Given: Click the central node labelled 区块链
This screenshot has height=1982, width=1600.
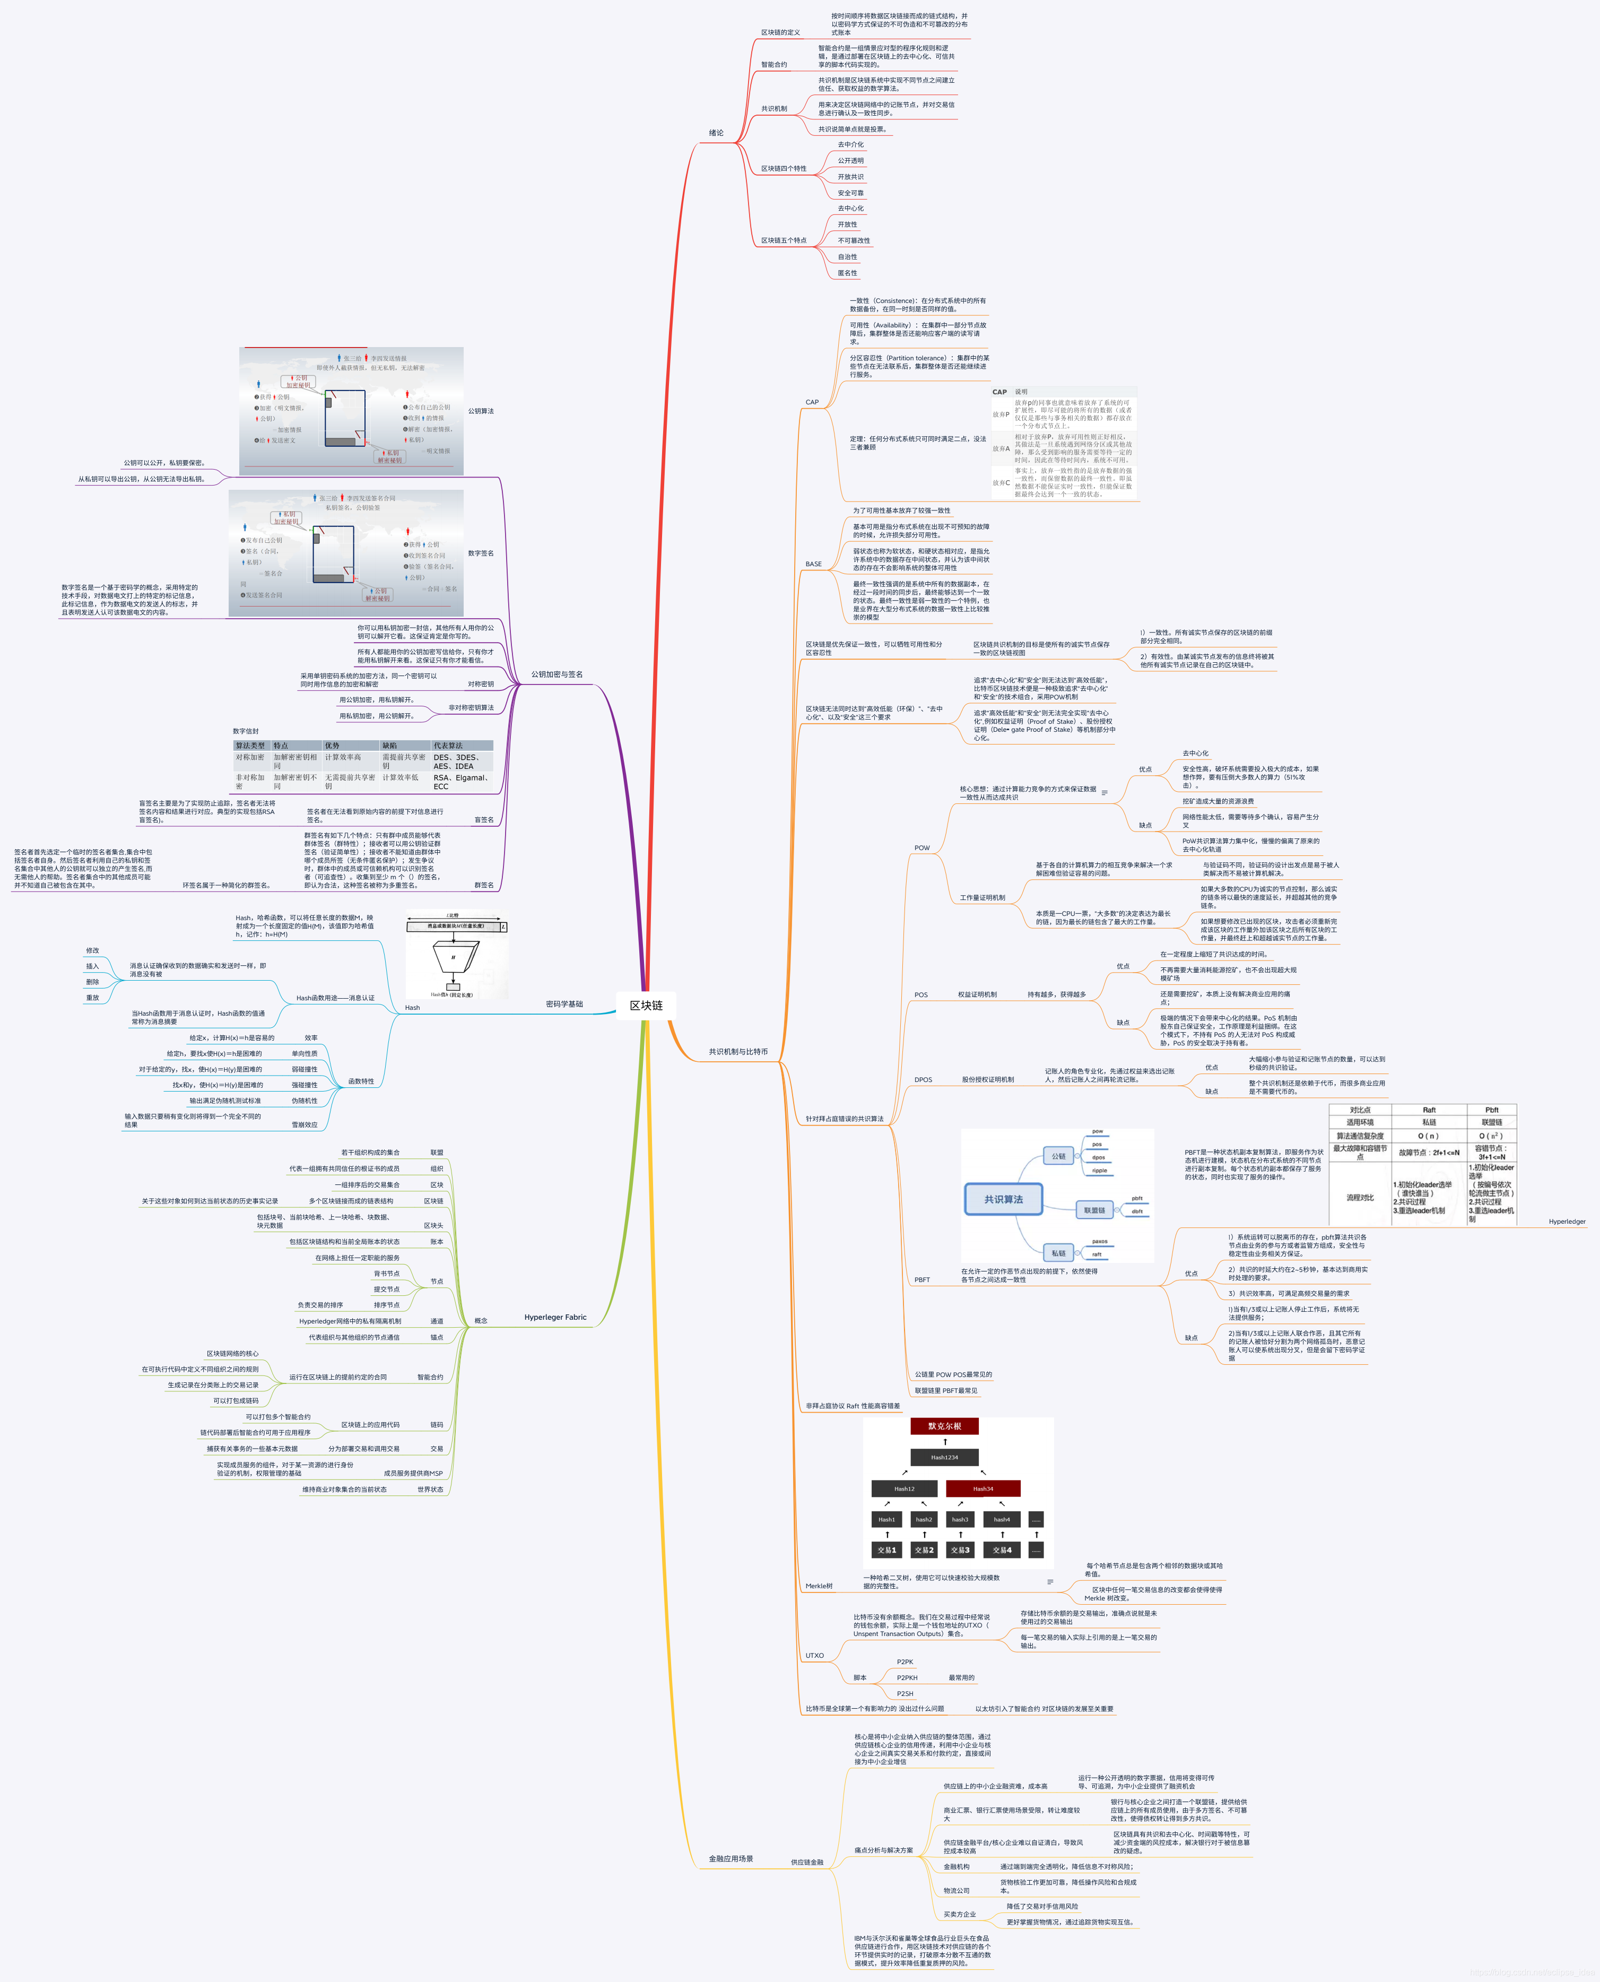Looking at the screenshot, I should [646, 1005].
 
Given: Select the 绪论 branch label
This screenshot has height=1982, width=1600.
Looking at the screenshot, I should [716, 133].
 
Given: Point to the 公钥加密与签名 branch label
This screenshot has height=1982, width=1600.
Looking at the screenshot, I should [556, 674].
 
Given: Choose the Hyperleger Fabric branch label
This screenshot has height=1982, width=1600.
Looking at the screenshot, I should [555, 1317].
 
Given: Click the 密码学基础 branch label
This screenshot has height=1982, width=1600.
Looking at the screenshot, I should [564, 1004].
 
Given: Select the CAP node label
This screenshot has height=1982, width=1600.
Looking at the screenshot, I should [812, 402].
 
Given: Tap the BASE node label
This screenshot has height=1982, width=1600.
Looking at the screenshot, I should [814, 564].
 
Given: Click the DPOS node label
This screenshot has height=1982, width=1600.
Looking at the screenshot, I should [923, 1079].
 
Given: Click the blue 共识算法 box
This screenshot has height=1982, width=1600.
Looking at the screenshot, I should [1003, 1199].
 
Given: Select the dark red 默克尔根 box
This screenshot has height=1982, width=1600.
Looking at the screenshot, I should [945, 1426].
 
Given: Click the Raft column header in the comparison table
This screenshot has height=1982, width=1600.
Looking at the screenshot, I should [1429, 1110].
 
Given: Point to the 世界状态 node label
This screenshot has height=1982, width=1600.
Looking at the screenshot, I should [430, 1490].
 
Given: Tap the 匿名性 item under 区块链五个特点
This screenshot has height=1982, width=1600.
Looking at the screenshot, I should [847, 273].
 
